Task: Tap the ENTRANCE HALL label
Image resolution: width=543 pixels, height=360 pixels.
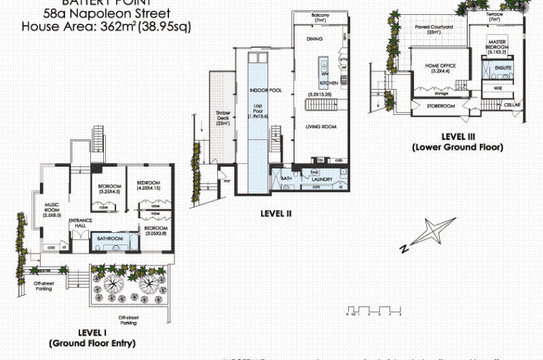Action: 79,223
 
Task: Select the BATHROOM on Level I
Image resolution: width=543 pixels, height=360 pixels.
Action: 109,239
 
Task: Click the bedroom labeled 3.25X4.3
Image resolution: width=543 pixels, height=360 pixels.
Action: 108,189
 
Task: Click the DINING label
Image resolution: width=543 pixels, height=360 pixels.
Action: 314,39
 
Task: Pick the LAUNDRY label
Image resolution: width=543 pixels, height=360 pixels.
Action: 322,179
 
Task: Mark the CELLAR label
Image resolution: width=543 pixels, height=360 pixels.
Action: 512,106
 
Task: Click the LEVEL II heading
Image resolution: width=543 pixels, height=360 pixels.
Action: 276,213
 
